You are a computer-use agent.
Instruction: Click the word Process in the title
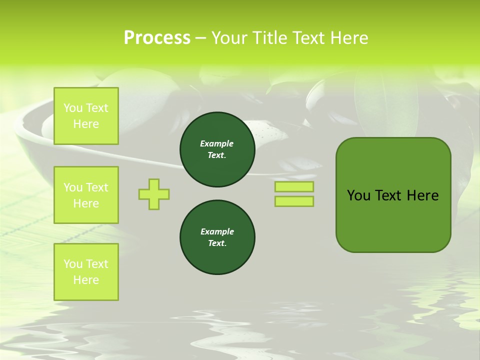(x=156, y=38)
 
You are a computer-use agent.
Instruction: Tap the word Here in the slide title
(x=348, y=38)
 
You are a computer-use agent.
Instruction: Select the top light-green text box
(x=86, y=116)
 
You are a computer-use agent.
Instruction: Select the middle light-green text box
(x=86, y=195)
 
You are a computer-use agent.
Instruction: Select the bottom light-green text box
(x=86, y=272)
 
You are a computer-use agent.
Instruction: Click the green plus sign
(x=154, y=194)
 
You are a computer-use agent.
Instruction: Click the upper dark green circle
(x=217, y=149)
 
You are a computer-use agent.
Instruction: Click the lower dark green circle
(x=217, y=237)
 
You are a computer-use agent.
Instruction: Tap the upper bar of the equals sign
(x=294, y=187)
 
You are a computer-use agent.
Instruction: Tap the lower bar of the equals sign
(x=294, y=201)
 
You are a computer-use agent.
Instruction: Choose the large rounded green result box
(x=393, y=220)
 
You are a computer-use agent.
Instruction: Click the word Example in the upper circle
(x=217, y=143)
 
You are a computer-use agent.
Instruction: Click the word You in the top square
(x=73, y=108)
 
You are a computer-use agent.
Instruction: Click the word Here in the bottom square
(x=86, y=280)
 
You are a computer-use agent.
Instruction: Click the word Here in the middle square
(x=86, y=203)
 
